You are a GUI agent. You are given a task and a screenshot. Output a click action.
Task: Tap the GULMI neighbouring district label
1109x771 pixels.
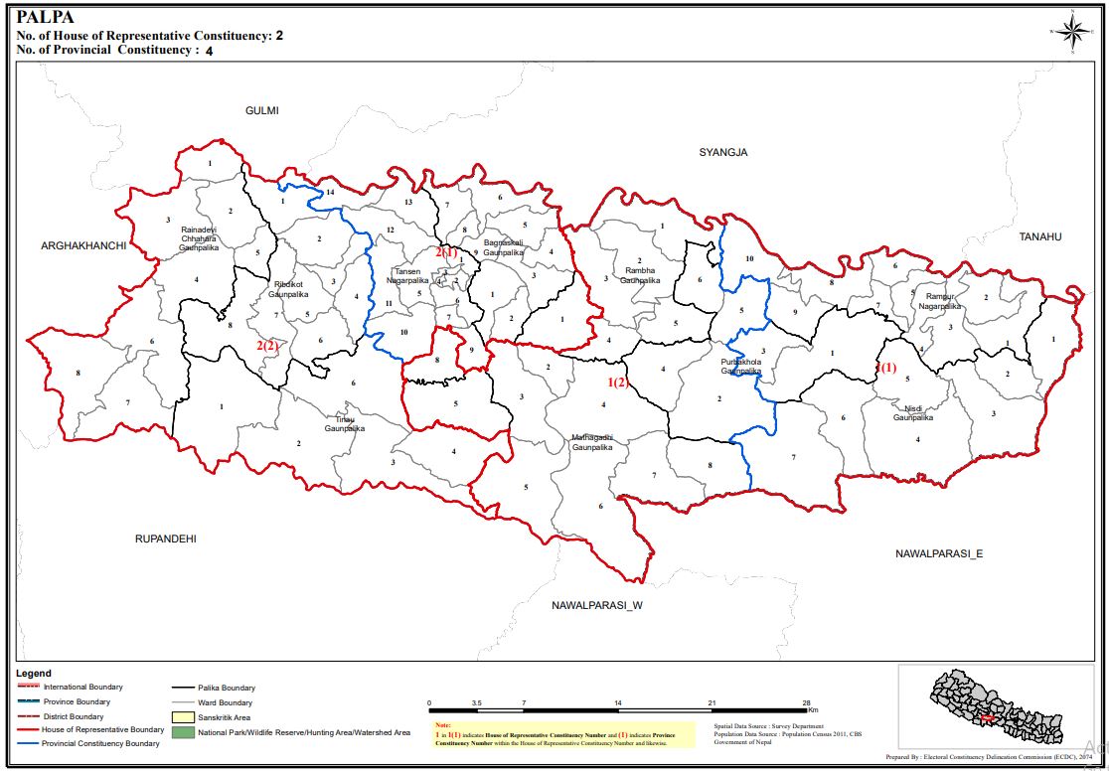click(x=262, y=110)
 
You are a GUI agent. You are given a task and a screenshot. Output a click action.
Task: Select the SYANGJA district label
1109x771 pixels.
click(x=722, y=152)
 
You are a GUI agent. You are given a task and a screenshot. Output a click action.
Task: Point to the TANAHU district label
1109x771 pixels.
click(x=1039, y=236)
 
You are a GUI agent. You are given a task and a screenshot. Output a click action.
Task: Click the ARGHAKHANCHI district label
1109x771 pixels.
click(x=83, y=245)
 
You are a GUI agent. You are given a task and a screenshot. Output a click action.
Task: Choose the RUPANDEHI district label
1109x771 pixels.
click(x=166, y=539)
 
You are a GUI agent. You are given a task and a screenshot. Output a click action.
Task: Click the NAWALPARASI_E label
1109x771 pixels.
click(x=938, y=552)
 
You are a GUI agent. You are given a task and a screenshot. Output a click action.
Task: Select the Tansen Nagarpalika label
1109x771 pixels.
click(x=407, y=276)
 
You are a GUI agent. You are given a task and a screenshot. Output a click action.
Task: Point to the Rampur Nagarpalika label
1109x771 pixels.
click(x=940, y=302)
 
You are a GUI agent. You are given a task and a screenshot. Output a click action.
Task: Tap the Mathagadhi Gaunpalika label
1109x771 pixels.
click(x=592, y=442)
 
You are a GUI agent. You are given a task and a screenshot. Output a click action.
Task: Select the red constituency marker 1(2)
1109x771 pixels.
click(x=618, y=383)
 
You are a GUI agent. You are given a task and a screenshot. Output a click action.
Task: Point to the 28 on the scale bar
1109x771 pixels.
click(x=806, y=702)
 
